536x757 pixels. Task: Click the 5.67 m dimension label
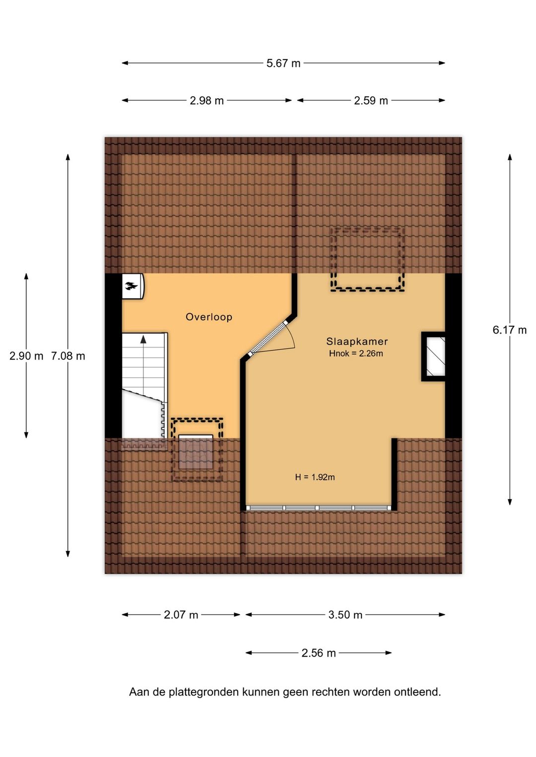[283, 63]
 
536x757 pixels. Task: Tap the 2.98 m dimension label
[207, 101]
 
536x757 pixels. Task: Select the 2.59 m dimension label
[371, 101]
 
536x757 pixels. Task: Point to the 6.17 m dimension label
[510, 330]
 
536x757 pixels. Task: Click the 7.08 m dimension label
[68, 356]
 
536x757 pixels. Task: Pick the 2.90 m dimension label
[26, 356]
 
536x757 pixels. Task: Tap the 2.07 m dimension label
[181, 615]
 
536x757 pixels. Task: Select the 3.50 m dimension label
[345, 615]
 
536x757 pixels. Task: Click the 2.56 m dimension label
[319, 653]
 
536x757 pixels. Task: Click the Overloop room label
[209, 317]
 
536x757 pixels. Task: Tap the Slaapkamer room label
[357, 342]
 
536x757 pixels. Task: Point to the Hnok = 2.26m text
[356, 354]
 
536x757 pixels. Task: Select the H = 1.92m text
[315, 477]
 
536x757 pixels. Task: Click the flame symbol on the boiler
[132, 286]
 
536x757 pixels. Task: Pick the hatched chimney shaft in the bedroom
[436, 356]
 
